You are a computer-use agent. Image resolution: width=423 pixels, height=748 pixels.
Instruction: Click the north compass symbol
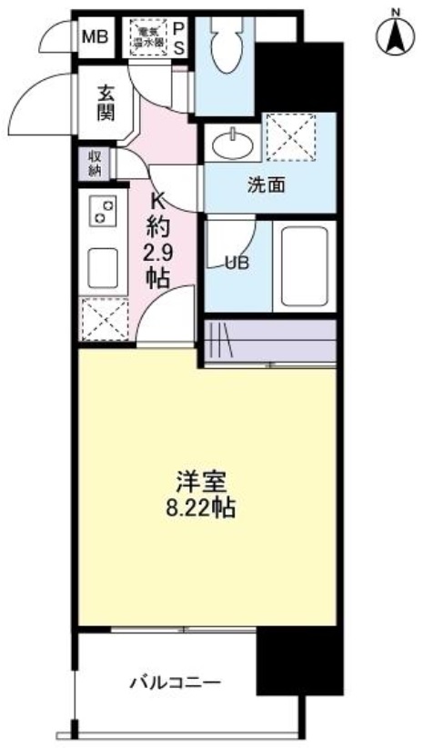click(394, 35)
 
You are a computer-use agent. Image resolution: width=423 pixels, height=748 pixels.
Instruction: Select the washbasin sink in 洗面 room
click(236, 140)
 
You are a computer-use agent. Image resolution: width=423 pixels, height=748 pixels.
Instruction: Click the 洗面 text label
click(267, 185)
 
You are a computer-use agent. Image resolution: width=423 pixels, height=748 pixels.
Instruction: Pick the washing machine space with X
click(290, 136)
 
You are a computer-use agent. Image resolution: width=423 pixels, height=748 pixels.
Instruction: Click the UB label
click(237, 264)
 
